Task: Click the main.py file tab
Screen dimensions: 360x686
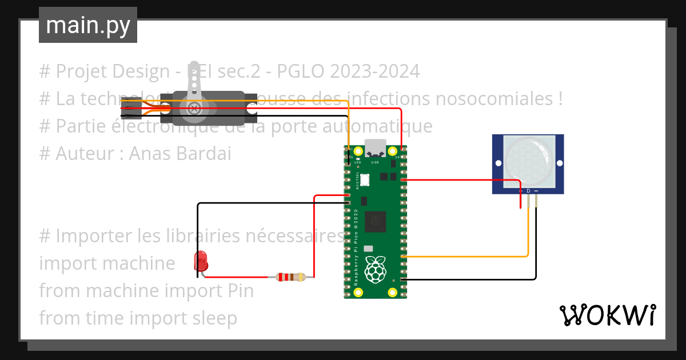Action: tap(87, 25)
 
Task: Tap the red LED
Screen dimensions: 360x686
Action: tap(202, 261)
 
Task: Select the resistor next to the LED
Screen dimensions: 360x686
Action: tap(290, 277)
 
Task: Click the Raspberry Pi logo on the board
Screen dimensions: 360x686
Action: tap(374, 270)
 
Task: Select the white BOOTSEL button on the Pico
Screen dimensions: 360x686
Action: tap(364, 179)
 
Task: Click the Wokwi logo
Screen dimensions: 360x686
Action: tap(607, 315)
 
